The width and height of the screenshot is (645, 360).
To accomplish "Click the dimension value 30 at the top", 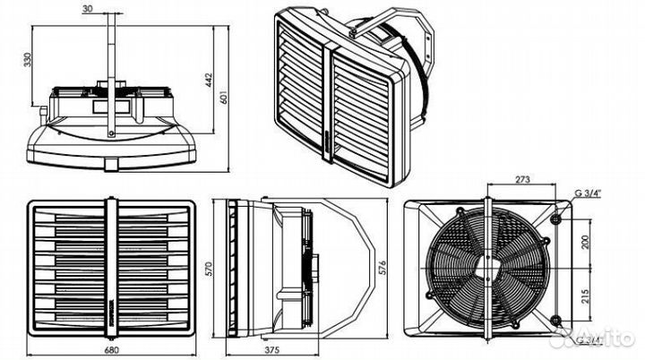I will coord(111,9).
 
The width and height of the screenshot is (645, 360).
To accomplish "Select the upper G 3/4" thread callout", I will coord(589,190).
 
